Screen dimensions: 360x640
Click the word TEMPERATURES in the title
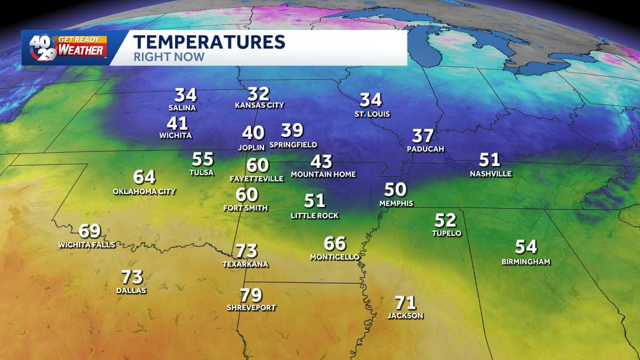[x=209, y=42]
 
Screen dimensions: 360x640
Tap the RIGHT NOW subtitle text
[x=169, y=57]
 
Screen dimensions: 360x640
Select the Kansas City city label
[x=260, y=106]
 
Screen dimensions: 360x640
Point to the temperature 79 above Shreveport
[x=251, y=295]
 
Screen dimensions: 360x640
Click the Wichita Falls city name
[x=86, y=245]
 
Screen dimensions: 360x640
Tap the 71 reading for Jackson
[x=405, y=303]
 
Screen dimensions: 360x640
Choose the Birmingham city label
[x=526, y=261]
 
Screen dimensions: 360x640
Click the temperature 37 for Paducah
[x=423, y=136]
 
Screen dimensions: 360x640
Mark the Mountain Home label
[x=323, y=174]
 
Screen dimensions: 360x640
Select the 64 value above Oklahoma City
[x=144, y=177]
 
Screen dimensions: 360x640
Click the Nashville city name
[x=491, y=174]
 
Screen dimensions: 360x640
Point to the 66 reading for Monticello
[x=335, y=244]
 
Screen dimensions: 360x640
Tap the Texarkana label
[x=246, y=264]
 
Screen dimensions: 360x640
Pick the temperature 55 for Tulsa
[x=203, y=159]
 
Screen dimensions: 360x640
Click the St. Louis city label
[x=372, y=114]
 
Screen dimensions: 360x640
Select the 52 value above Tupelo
[x=445, y=220]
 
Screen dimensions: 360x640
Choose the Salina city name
[x=182, y=108]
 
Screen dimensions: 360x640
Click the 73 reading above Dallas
[x=132, y=277]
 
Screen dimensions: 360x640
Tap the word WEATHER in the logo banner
[x=82, y=51]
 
